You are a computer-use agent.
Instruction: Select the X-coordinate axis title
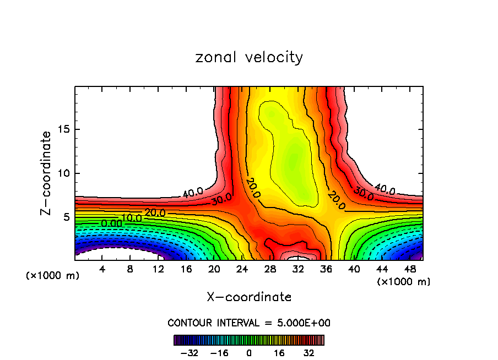pyautogui.click(x=249, y=297)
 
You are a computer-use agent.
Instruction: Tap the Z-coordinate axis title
pyautogui.click(x=46, y=173)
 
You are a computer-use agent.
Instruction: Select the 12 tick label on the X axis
pyautogui.click(x=159, y=269)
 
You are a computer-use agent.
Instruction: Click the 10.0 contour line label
pyautogui.click(x=132, y=218)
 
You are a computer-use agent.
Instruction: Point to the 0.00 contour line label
pyautogui.click(x=111, y=223)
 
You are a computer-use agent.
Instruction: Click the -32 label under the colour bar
pyautogui.click(x=190, y=352)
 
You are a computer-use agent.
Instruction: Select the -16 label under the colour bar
pyautogui.click(x=219, y=352)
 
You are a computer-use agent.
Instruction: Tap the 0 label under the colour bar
pyautogui.click(x=249, y=352)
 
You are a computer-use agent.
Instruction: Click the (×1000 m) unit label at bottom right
pyautogui.click(x=403, y=282)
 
